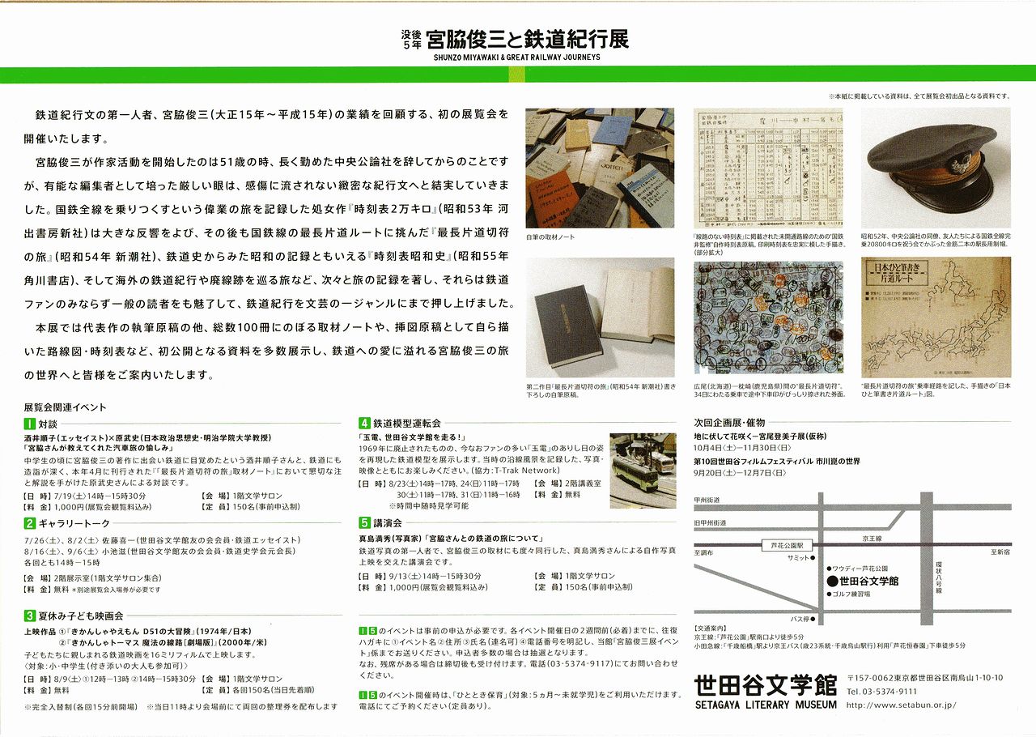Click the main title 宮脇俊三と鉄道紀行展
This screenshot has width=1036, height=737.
click(527, 38)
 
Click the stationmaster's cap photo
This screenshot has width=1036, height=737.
click(936, 166)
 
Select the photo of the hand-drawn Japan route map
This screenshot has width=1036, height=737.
click(936, 317)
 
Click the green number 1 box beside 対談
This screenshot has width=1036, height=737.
click(30, 424)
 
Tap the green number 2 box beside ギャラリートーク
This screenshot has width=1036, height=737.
click(30, 523)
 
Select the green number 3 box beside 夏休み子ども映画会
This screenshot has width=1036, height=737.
click(30, 616)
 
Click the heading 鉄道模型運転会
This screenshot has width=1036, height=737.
click(407, 423)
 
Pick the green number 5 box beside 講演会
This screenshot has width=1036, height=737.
click(365, 523)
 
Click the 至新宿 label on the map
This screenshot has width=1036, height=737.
click(1000, 552)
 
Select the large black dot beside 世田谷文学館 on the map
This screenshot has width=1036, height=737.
click(831, 581)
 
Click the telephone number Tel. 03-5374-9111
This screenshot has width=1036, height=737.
click(881, 692)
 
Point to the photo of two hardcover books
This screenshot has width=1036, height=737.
click(600, 317)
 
